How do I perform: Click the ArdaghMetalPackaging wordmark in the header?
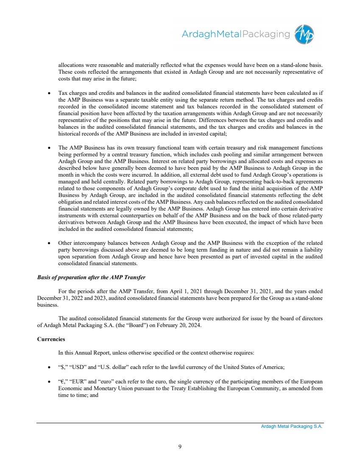pyautogui.click(x=236, y=34)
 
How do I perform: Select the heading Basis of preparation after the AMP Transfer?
pyautogui.click(x=91, y=277)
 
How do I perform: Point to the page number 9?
pyautogui.click(x=180, y=446)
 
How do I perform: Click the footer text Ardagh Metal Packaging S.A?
pyautogui.click(x=292, y=427)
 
